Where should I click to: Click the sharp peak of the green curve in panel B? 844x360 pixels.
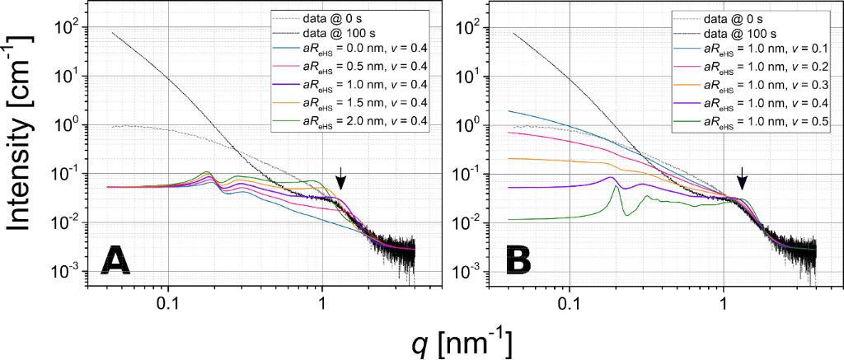[x=615, y=187]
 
